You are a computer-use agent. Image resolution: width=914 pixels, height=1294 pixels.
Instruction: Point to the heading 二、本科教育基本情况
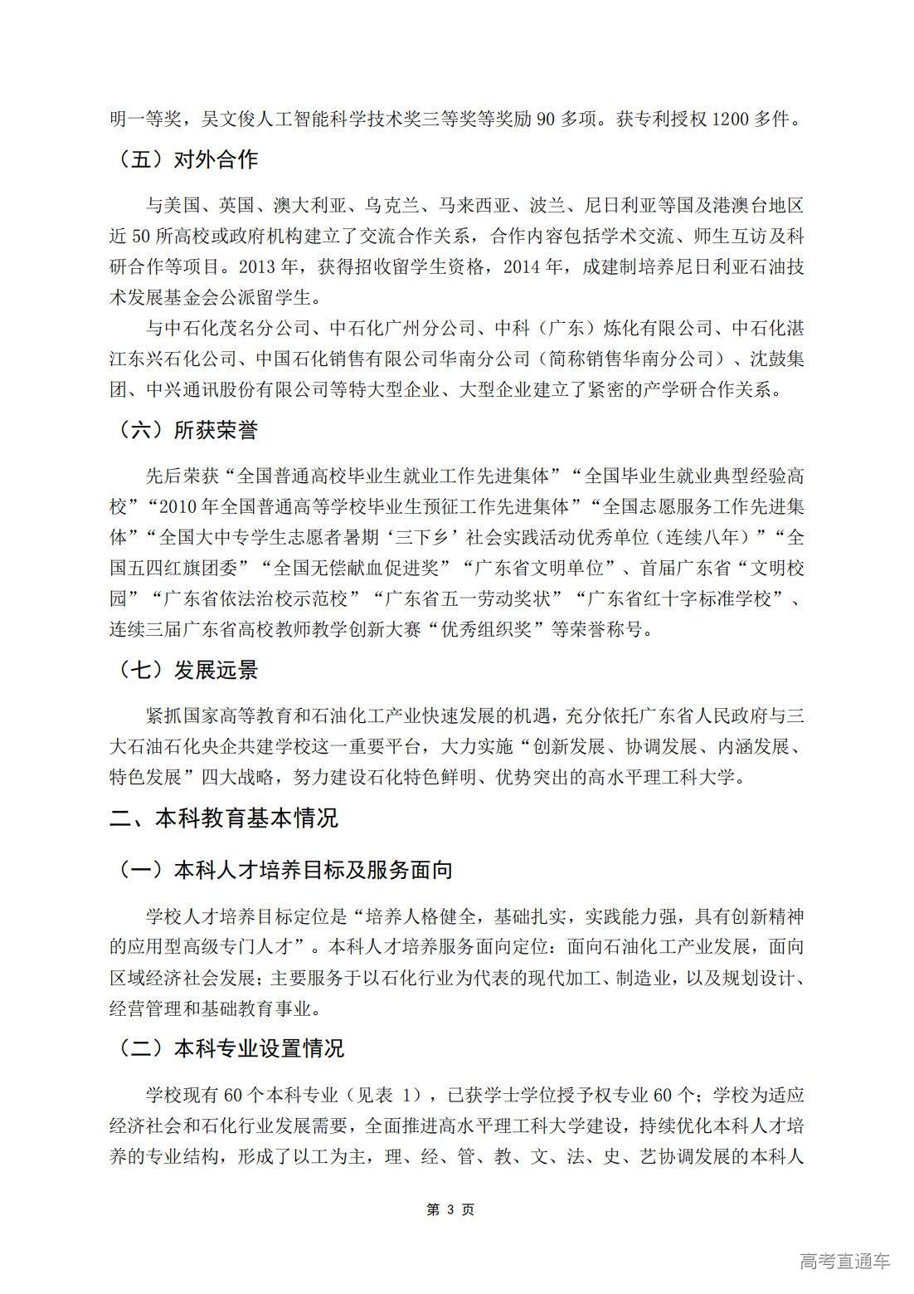[x=224, y=818]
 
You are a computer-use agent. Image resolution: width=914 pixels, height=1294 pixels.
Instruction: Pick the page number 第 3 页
[x=450, y=1209]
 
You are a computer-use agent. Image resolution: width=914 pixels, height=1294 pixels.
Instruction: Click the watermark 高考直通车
[x=844, y=1261]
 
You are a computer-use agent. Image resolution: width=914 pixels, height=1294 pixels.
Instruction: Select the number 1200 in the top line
[x=731, y=120]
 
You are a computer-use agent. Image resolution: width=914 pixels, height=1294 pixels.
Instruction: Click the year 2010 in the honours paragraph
[x=176, y=506]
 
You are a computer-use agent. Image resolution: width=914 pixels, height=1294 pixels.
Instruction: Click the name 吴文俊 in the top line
[x=230, y=120]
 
